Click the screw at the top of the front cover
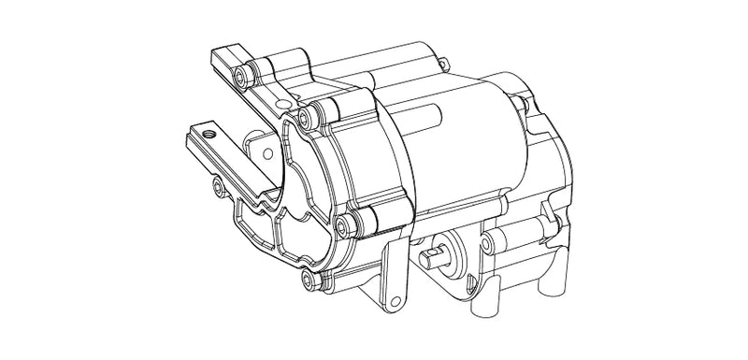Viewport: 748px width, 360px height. (x=304, y=114)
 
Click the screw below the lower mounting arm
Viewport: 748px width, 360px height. (x=220, y=190)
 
